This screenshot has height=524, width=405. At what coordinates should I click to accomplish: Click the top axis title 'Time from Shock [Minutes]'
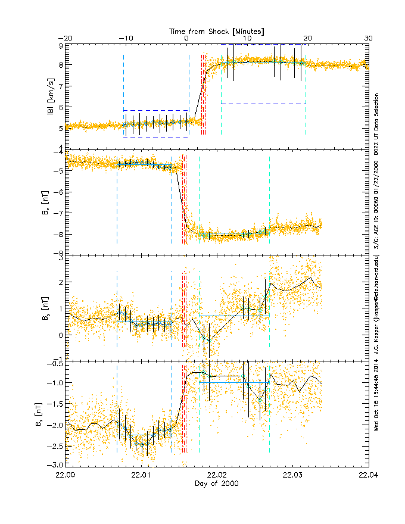point(217,30)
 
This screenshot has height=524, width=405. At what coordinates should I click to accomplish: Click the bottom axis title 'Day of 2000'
point(217,484)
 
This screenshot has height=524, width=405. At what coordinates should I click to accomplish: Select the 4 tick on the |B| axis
point(60,148)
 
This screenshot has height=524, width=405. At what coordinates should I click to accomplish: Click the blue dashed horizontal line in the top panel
point(263,104)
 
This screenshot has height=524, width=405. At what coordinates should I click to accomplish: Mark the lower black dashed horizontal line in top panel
point(155,138)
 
